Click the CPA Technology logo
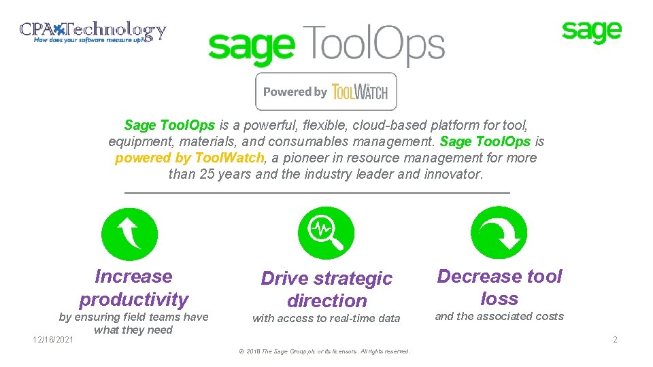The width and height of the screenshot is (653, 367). [93, 32]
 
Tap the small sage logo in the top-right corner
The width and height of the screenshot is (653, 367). [591, 31]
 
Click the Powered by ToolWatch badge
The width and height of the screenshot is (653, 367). [326, 92]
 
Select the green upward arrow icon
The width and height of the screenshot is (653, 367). [129, 234]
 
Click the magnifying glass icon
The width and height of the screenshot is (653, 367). [326, 234]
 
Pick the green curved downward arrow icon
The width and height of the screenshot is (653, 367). [499, 234]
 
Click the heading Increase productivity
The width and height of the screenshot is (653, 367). [133, 287]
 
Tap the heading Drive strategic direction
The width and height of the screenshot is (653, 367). [326, 290]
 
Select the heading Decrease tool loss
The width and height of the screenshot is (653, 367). [499, 287]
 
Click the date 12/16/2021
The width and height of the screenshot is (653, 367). [54, 339]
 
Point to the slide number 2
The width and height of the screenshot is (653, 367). [615, 339]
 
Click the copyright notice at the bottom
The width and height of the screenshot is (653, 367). [325, 351]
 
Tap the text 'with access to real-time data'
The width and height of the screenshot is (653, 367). [326, 318]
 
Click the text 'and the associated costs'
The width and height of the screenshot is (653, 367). [499, 316]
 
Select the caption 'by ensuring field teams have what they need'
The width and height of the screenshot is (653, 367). [133, 324]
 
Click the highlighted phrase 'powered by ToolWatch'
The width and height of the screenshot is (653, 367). [189, 158]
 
